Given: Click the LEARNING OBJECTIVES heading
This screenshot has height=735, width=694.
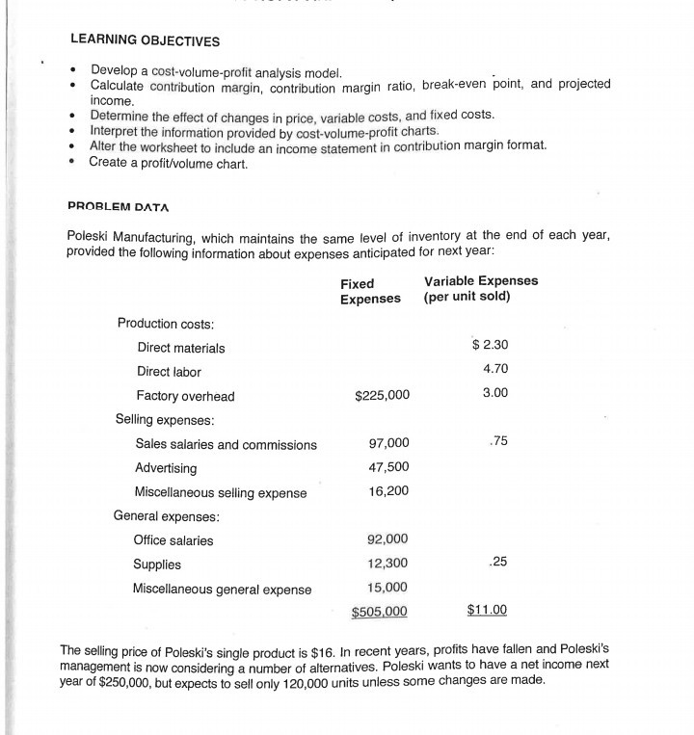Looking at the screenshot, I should click(x=145, y=40).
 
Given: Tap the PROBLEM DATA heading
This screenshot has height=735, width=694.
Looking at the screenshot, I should click(x=119, y=206).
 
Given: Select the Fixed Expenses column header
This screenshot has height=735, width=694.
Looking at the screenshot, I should click(x=370, y=291).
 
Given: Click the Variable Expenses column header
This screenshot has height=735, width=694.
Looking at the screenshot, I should click(x=480, y=288).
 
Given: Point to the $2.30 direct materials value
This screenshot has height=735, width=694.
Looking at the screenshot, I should click(x=490, y=345).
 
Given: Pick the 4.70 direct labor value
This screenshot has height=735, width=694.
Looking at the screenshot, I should click(x=494, y=369).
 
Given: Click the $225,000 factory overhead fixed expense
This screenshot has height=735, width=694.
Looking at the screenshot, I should click(x=382, y=395).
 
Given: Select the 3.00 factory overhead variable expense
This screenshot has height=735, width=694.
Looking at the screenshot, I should click(x=494, y=393).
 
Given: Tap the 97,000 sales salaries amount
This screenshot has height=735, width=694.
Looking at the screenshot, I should click(x=389, y=443).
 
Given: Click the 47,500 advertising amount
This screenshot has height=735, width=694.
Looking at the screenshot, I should click(x=389, y=467).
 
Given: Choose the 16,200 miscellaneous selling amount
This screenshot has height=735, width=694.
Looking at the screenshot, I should click(x=389, y=491).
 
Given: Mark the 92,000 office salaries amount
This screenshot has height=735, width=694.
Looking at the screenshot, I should click(x=389, y=539).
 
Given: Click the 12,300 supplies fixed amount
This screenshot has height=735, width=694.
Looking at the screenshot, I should click(x=389, y=564).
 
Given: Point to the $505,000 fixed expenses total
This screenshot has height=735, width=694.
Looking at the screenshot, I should click(x=380, y=611).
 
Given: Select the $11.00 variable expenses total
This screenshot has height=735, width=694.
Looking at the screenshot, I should click(x=487, y=610).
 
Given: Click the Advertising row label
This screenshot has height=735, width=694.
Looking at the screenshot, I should click(x=166, y=468).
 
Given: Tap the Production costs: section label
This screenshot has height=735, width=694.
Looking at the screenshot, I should click(x=165, y=323).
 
